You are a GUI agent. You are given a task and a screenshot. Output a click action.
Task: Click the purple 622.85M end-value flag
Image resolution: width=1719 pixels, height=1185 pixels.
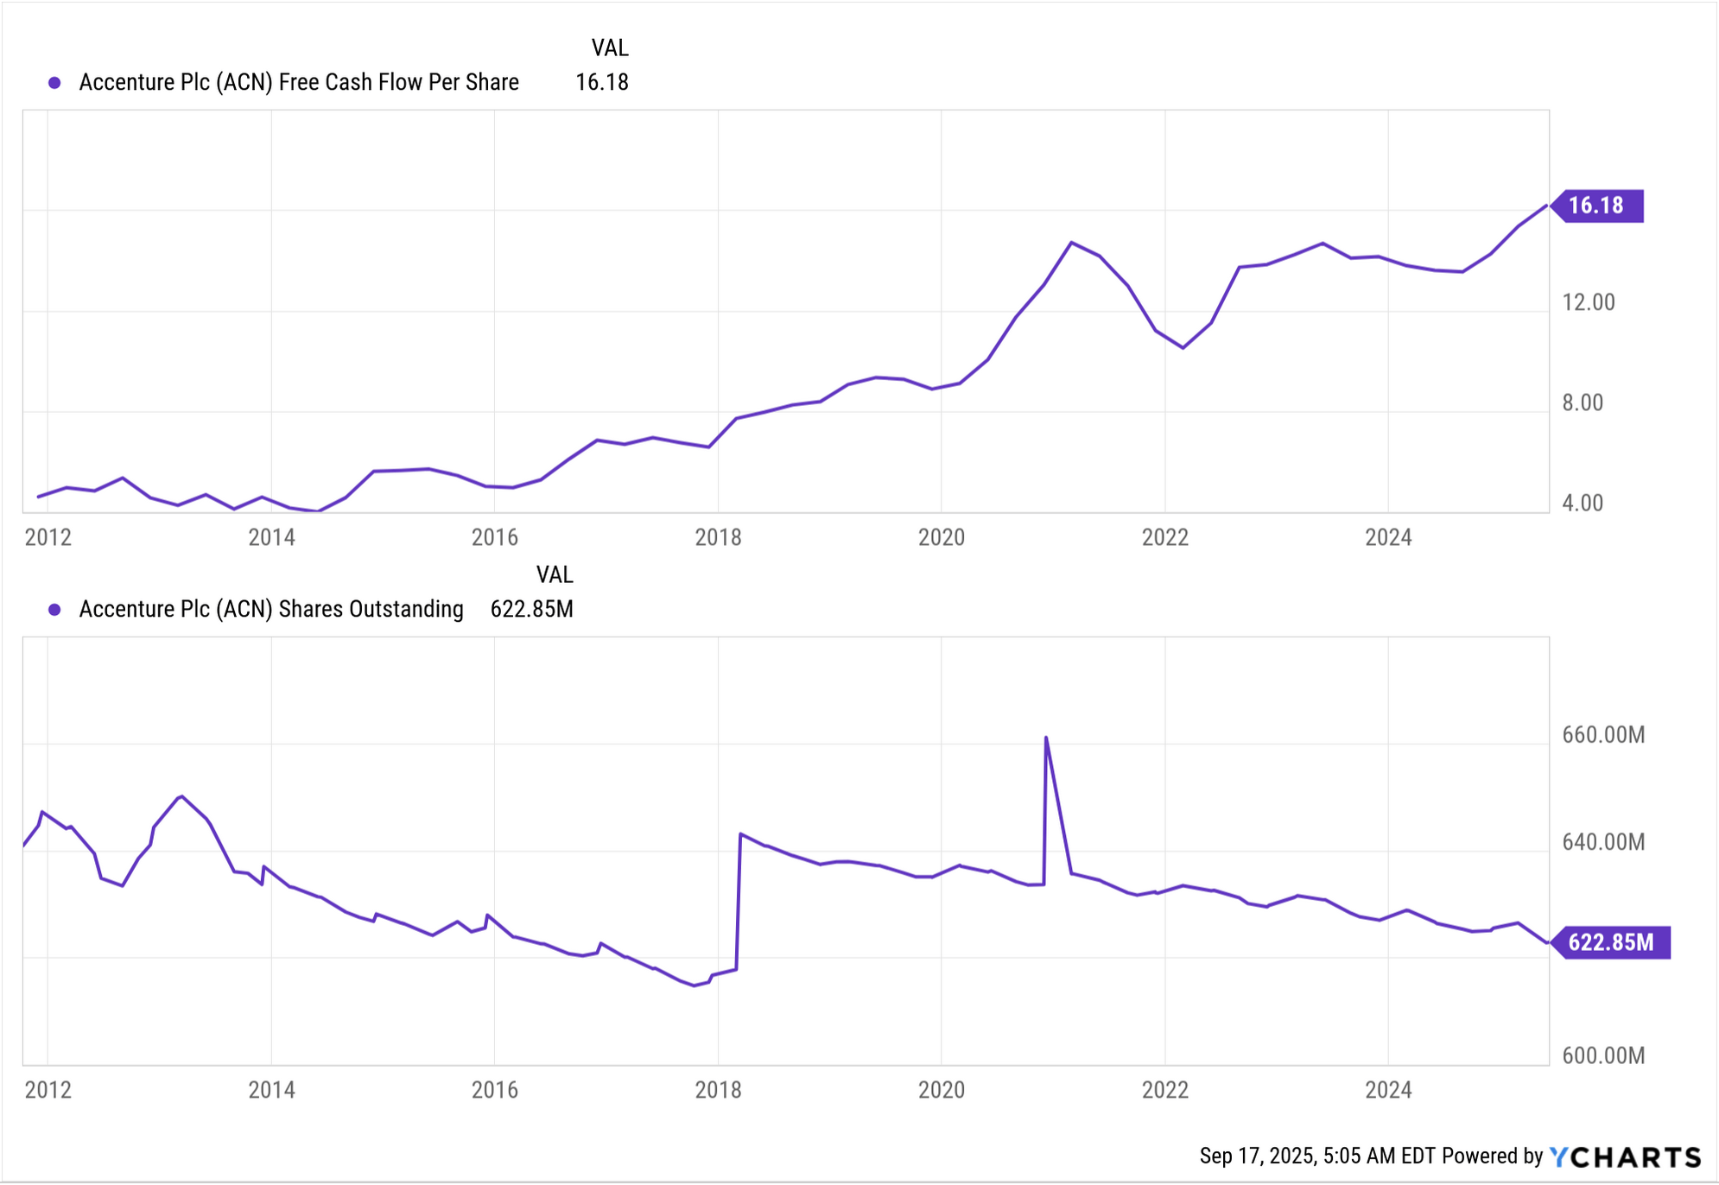pos(1610,941)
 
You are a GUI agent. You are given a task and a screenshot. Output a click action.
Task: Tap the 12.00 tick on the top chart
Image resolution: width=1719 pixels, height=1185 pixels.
pos(1588,302)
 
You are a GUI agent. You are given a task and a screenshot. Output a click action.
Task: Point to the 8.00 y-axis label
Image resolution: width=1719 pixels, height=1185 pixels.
pos(1582,402)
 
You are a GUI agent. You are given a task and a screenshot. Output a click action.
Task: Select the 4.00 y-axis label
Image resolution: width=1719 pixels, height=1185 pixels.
pos(1582,503)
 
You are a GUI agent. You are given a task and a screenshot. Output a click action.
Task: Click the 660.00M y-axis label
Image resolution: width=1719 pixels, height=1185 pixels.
pos(1602,735)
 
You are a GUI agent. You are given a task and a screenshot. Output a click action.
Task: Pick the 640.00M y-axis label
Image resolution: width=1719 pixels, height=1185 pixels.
pos(1602,842)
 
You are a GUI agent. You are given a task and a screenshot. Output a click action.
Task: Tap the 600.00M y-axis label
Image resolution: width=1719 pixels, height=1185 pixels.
pos(1602,1055)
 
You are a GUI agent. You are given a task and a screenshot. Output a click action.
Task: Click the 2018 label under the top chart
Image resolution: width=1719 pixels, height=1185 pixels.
pos(718,537)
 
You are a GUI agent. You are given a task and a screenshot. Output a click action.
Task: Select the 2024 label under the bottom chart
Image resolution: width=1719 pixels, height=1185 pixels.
pos(1387,1090)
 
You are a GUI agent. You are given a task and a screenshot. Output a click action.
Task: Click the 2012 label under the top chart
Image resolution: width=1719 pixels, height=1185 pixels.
pos(48,537)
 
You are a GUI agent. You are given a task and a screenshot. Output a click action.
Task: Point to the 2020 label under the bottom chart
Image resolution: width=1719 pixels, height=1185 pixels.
pos(941,1090)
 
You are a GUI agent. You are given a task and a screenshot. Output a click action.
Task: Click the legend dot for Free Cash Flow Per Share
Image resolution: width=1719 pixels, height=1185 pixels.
pos(54,83)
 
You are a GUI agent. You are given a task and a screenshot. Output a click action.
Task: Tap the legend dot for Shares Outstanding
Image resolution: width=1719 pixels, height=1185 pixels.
pos(54,610)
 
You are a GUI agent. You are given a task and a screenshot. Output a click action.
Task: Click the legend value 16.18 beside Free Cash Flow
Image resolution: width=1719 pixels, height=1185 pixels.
pos(601,83)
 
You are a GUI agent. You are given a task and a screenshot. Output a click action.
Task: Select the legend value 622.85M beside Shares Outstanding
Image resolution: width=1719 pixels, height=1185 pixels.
pos(531,610)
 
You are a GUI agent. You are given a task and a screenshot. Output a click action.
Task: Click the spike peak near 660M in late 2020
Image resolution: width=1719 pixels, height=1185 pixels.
pos(1046,738)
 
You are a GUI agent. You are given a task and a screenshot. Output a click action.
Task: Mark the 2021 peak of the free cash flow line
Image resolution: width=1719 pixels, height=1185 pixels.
pos(1071,243)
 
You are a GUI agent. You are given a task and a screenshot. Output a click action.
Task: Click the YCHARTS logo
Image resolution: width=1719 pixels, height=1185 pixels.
pos(1624,1156)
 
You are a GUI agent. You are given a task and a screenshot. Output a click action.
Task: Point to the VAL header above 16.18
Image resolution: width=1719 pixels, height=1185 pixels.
pos(609,48)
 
